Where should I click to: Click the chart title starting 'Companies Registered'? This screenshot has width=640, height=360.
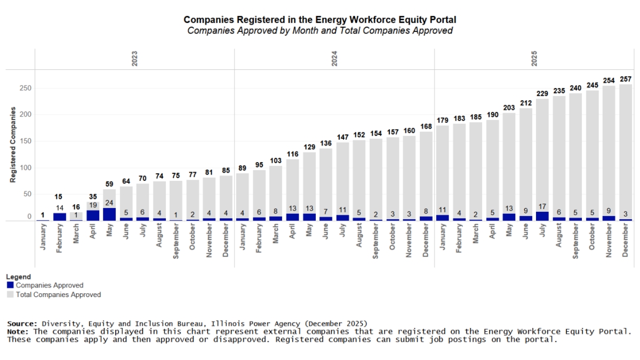(x=319, y=20)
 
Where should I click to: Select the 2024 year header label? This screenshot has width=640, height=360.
(x=334, y=59)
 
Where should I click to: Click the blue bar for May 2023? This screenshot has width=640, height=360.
(x=109, y=214)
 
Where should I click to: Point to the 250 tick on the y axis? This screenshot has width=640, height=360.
(x=26, y=88)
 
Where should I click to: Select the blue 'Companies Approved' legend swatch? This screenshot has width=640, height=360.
(x=10, y=285)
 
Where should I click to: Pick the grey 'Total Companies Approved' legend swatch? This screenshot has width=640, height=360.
(x=10, y=294)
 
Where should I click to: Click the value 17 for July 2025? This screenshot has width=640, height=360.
(x=542, y=206)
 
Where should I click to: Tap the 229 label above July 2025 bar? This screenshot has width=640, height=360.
(x=542, y=93)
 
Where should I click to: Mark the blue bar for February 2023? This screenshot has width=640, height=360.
(x=60, y=217)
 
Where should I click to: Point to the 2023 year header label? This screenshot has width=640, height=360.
(x=134, y=59)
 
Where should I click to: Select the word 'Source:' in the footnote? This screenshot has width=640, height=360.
(x=22, y=324)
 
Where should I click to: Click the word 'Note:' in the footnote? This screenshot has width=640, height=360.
(x=19, y=332)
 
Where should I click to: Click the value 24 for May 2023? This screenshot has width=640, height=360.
(x=109, y=203)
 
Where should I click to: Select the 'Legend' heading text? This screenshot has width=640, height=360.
(x=19, y=277)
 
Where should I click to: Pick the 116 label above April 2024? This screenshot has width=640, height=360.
(x=292, y=154)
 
